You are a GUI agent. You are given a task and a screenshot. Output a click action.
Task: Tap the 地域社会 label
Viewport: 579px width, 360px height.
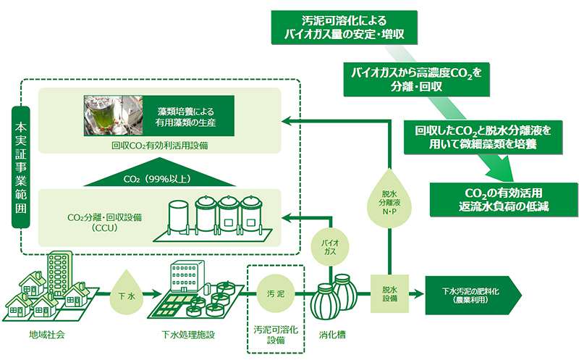[x=46, y=334]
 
